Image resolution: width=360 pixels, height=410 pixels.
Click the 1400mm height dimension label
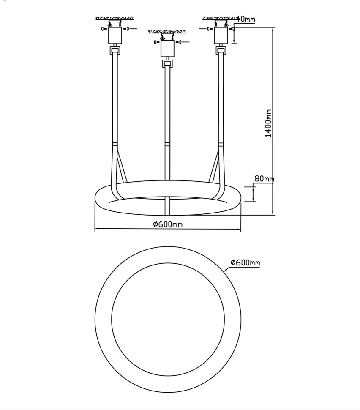click(268, 123)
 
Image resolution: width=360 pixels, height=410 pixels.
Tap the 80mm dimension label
click(265, 179)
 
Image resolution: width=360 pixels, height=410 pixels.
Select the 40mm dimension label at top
click(246, 19)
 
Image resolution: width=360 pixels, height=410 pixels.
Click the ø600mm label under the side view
click(168, 224)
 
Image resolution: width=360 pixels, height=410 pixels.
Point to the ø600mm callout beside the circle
click(245, 262)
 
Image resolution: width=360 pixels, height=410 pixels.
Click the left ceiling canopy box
click(115, 36)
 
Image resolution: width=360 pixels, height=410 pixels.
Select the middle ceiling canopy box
click(167, 49)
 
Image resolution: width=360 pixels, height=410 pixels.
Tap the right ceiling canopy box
click(221, 36)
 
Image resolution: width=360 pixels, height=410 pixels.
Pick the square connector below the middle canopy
click(167, 63)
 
